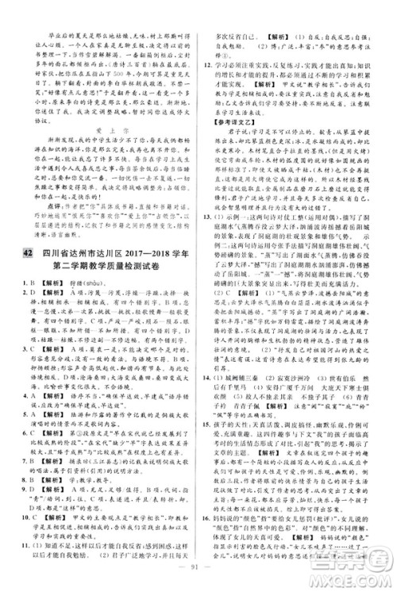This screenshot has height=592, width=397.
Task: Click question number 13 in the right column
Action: tap(210, 260)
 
